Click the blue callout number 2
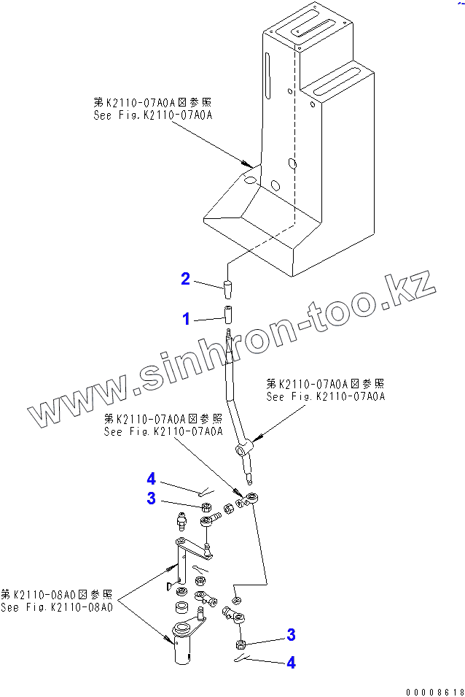coord(186,278)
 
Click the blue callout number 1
coord(186,318)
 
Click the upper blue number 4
coord(151,479)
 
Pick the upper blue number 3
coord(151,498)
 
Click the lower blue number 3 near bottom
coord(291,635)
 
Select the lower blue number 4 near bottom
coord(291,663)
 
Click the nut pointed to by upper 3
coord(206,506)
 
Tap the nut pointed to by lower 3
coord(241,644)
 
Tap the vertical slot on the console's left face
coord(268,73)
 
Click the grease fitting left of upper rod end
coord(182,521)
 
